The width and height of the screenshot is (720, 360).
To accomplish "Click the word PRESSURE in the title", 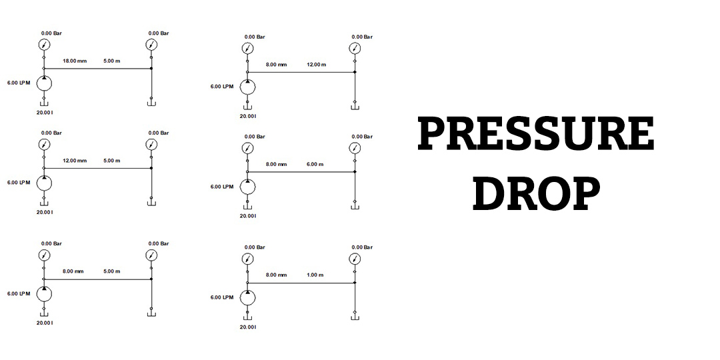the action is (x=535, y=133).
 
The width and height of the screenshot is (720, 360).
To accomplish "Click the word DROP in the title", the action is (x=536, y=193).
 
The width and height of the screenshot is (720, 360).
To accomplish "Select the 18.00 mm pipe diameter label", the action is (x=75, y=61).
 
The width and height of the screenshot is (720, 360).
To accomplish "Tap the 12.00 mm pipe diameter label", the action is (x=75, y=161).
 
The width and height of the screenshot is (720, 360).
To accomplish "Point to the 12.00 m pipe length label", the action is (x=317, y=65).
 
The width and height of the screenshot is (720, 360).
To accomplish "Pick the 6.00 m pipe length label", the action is (x=315, y=165).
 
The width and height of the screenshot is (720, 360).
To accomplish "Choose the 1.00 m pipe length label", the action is (x=315, y=275).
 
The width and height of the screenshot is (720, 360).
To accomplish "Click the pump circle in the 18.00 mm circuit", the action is (x=44, y=84).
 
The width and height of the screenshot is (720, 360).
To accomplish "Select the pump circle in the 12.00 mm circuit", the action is (x=44, y=184).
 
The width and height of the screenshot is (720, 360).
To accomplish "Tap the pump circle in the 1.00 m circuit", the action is (x=247, y=298).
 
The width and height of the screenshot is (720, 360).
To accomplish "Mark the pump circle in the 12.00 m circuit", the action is (x=247, y=88).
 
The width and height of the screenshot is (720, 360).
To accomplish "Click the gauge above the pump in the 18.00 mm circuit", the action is (x=44, y=45).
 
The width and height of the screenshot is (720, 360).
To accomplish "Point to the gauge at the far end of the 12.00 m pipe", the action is (x=355, y=49).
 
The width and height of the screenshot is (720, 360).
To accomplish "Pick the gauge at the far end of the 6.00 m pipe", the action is (x=355, y=148).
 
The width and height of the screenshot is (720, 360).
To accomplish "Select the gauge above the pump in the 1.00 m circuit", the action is (x=247, y=259).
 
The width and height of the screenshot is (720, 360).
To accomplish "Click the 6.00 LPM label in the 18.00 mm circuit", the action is (x=19, y=83).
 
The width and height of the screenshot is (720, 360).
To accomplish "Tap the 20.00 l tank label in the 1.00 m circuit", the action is (x=248, y=327).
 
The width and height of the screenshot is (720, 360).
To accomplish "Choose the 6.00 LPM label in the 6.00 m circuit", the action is (x=222, y=187).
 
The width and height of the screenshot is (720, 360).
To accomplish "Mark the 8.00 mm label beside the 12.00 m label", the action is (x=277, y=65).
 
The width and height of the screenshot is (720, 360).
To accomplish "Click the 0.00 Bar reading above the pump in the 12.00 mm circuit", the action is (x=51, y=133).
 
